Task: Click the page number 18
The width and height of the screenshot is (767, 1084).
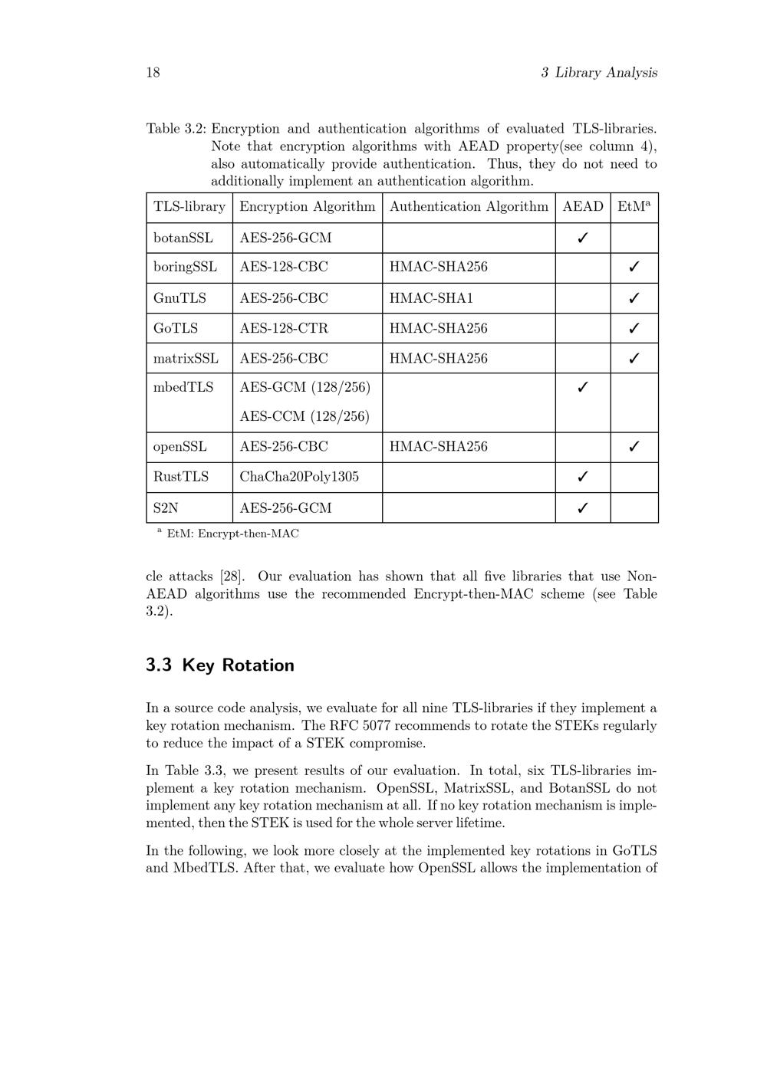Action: [153, 73]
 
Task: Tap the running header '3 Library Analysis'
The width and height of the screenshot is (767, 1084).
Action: [598, 73]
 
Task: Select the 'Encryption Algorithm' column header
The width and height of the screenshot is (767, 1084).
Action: [307, 207]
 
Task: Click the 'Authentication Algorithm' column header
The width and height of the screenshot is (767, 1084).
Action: [469, 207]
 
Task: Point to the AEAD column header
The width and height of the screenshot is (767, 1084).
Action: [583, 207]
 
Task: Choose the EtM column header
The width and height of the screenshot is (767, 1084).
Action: [634, 207]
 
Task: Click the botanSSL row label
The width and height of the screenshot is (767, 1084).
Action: [183, 238]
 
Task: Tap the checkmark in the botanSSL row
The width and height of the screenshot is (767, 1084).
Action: [582, 238]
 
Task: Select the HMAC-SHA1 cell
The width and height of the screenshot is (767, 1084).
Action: [431, 298]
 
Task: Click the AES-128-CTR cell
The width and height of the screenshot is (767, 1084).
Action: [283, 328]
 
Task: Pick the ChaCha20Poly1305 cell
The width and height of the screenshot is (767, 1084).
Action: [298, 477]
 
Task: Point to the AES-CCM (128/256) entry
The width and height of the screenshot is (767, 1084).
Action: [304, 416]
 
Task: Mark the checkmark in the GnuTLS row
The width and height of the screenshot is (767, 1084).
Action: [634, 298]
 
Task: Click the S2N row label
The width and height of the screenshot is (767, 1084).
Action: [166, 508]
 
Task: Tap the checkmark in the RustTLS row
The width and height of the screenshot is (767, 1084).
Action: [582, 477]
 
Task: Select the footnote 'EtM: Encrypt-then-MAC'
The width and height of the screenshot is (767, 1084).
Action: [232, 534]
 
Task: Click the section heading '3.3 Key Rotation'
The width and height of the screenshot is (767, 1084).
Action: [220, 665]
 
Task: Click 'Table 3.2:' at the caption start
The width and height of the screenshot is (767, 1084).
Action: [176, 129]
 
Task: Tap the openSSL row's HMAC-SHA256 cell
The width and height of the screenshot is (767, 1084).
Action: [438, 447]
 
